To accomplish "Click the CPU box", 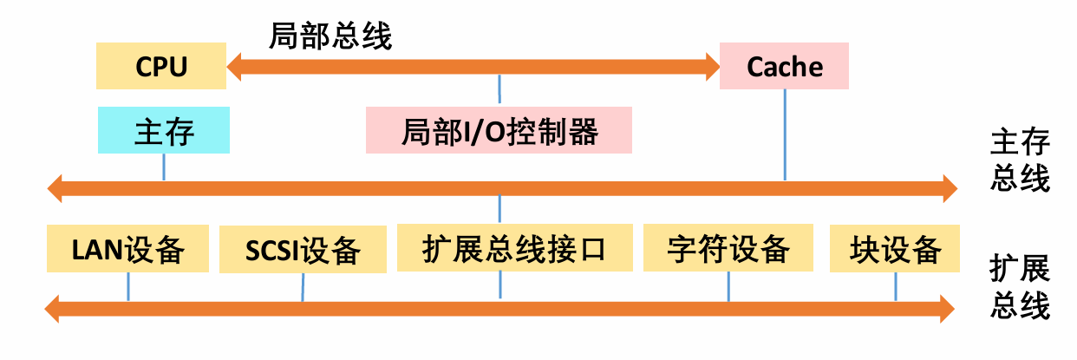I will point(161,67).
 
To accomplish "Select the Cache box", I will point(784,67).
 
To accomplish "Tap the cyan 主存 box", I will point(164,131).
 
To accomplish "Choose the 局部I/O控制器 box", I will point(499,132).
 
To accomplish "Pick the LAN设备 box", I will point(128,249).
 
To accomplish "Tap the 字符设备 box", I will point(728,249).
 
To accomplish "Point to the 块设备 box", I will point(895,249).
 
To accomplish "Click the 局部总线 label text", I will point(330,36).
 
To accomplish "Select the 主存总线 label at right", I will point(1020,160).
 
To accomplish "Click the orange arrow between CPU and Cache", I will point(473,64).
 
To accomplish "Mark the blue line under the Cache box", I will point(785,134).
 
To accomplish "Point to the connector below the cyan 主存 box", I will point(164,167).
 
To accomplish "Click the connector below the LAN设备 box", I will point(128,286).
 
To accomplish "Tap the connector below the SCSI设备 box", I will point(303,287).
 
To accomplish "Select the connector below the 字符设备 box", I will point(728,286).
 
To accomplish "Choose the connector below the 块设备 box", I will point(895,286).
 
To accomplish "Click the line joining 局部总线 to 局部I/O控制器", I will point(499,89).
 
